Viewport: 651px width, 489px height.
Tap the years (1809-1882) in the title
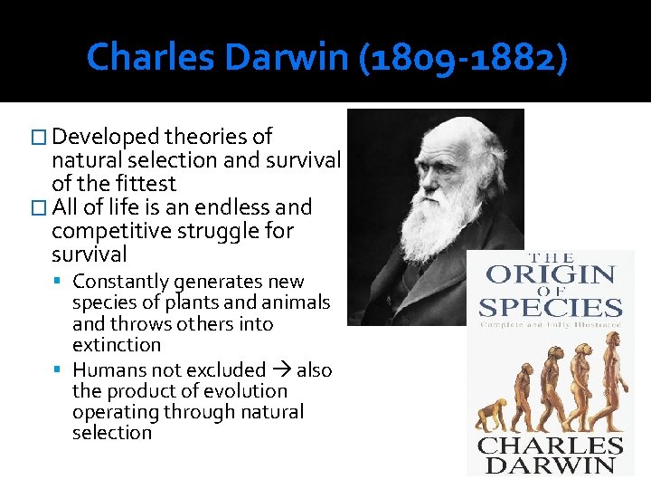(x=464, y=58)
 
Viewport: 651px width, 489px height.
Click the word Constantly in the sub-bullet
(x=121, y=282)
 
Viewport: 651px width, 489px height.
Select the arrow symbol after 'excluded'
(x=280, y=369)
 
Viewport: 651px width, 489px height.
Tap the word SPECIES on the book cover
(x=551, y=308)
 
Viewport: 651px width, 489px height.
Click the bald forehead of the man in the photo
(x=443, y=136)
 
